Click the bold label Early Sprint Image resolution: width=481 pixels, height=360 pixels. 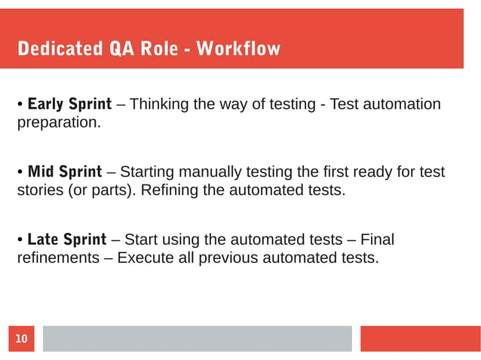coord(69,103)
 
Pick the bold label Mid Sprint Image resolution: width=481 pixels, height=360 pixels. coord(64,172)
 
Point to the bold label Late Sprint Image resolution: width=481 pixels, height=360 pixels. coord(66,240)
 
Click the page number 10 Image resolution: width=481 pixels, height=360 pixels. coord(21,340)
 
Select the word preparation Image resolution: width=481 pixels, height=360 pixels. coord(58,121)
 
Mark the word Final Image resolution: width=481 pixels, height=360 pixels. coord(377,240)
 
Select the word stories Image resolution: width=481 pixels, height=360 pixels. coord(41,190)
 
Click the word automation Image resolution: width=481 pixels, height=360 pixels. coord(403,103)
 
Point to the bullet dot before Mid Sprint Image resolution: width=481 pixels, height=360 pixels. coord(20,172)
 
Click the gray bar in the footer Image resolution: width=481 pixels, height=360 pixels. coord(197,339)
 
